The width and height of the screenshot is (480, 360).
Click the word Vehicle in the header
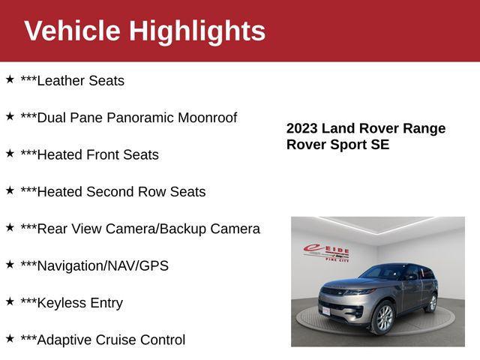(x=72, y=31)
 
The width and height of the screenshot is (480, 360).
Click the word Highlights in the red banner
(x=196, y=31)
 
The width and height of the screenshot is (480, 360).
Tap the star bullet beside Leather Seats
(x=10, y=79)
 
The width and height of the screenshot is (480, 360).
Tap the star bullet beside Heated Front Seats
(x=10, y=153)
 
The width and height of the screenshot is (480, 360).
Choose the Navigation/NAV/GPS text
(x=94, y=266)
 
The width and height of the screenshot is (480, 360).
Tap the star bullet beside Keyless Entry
(x=10, y=301)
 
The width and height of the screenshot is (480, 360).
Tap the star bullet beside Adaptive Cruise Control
(x=10, y=337)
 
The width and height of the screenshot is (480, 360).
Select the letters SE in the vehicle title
(x=379, y=145)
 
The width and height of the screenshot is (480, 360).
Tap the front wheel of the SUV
(x=382, y=318)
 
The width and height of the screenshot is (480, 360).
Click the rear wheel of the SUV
(x=431, y=302)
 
